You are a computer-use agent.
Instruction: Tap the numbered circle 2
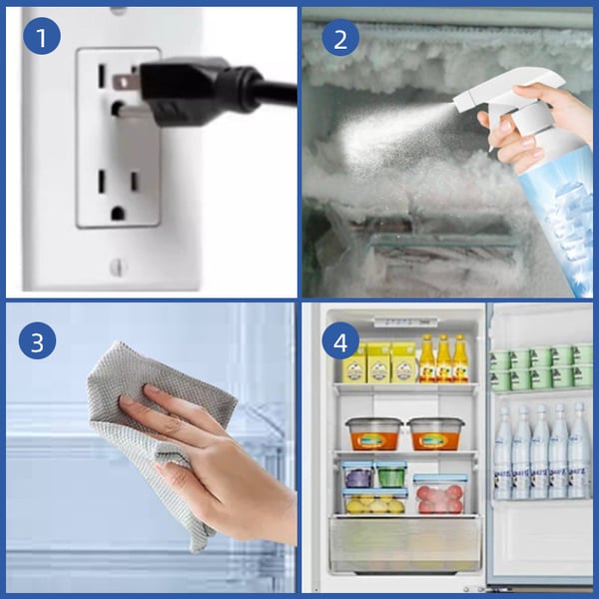(x=340, y=38)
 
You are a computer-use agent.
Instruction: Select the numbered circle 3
(x=37, y=342)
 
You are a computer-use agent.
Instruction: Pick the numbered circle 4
(x=340, y=342)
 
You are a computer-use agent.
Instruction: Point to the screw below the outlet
(x=118, y=267)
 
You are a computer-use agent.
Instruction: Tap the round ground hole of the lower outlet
(x=118, y=212)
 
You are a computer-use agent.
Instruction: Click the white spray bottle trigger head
(x=499, y=95)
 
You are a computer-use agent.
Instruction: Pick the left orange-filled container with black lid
(x=372, y=433)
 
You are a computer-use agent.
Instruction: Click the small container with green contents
(x=391, y=473)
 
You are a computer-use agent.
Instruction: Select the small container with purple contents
(x=356, y=473)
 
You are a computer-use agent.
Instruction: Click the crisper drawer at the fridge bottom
(x=404, y=546)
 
